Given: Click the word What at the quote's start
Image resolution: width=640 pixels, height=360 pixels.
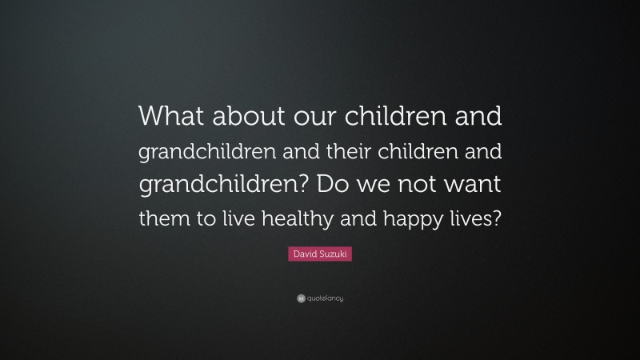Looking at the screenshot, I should coord(172,117).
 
